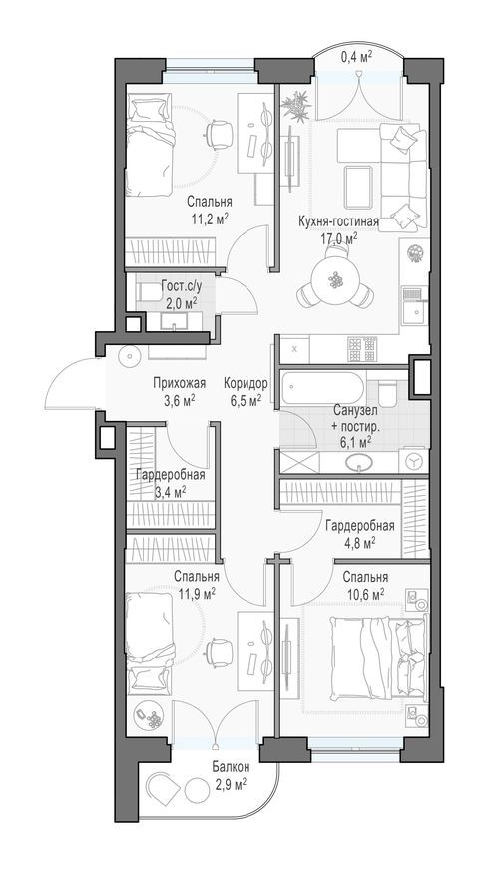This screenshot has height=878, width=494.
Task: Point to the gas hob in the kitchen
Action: [x=362, y=348]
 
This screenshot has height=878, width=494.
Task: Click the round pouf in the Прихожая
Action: [x=128, y=357]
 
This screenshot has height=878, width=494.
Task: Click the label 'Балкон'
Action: [x=230, y=767]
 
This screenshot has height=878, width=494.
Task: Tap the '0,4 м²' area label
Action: [x=356, y=57]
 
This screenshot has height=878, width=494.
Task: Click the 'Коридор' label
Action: [x=244, y=382]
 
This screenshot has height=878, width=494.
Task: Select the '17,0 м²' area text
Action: [x=338, y=238]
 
